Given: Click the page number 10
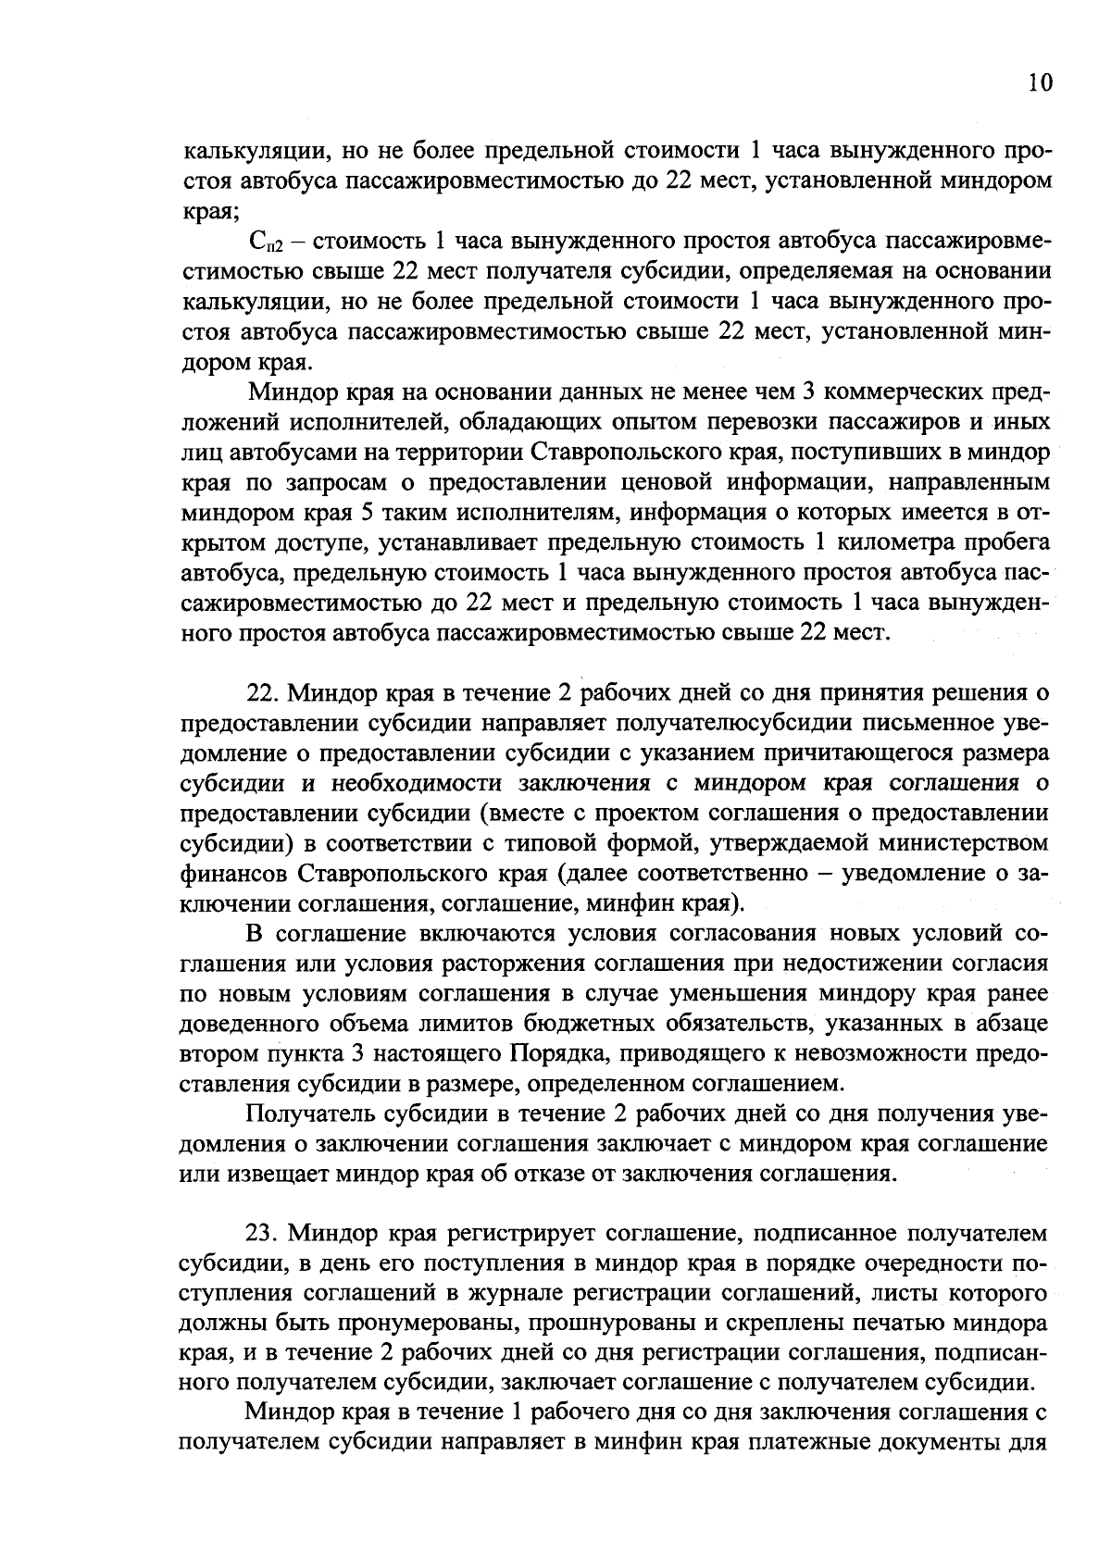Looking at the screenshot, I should [x=1040, y=83].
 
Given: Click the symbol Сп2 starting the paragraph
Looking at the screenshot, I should [x=265, y=243].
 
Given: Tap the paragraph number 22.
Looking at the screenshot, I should [x=263, y=692].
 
